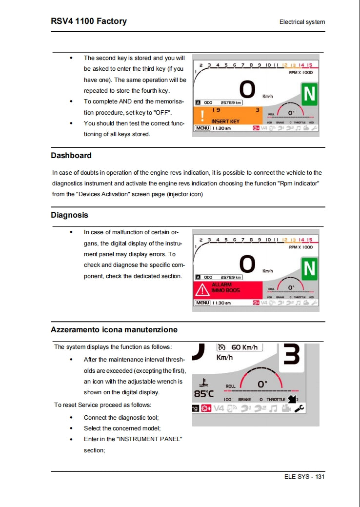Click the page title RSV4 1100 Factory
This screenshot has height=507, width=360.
[89, 21]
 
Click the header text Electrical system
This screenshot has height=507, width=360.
[302, 22]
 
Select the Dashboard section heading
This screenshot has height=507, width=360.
[71, 156]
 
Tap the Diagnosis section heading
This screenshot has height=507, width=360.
[69, 215]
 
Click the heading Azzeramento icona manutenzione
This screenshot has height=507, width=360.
[114, 330]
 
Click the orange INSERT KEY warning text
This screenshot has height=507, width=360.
[225, 121]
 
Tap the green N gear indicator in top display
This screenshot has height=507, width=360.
[309, 95]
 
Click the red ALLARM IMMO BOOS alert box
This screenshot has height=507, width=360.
[228, 289]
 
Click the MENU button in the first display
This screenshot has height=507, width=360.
[202, 128]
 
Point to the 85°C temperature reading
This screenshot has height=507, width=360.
[204, 393]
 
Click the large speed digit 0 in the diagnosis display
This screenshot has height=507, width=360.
[247, 264]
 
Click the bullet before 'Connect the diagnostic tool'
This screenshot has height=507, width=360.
[71, 418]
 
